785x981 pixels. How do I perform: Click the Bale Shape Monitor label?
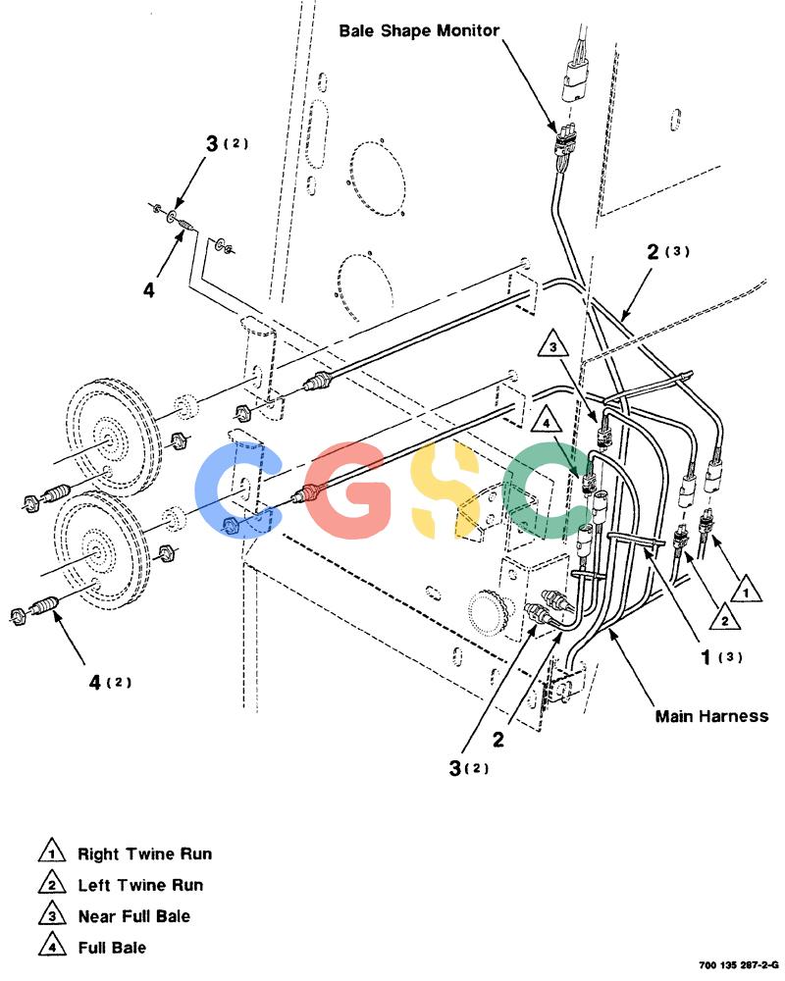coord(419,30)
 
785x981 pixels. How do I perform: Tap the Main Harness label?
coord(711,716)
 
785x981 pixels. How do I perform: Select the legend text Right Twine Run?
coord(144,854)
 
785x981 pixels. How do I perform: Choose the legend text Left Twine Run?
coord(140,885)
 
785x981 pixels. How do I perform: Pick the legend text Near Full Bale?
coord(134,916)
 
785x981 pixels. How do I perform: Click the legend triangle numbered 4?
coord(52,946)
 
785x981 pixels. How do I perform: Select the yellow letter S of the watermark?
coord(445,490)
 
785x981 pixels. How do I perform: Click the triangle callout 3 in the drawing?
coord(552,344)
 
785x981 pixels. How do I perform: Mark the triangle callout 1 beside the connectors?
coord(745,590)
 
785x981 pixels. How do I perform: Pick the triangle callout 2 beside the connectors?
coord(725,618)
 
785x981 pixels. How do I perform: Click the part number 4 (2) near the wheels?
coord(110,682)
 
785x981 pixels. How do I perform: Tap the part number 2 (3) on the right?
coord(668,251)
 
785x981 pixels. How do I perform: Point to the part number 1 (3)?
coord(721,657)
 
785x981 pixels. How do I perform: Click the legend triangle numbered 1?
coord(52,852)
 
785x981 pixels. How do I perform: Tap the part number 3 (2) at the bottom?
coord(469,768)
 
